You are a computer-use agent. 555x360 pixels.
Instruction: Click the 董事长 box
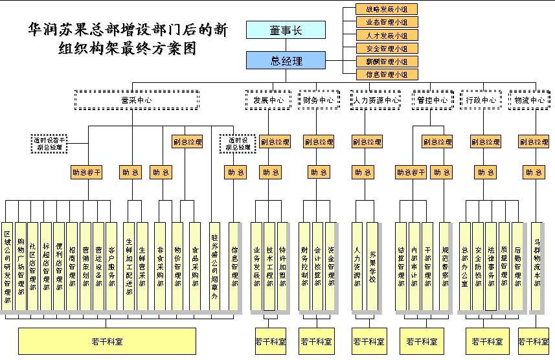(x=286, y=30)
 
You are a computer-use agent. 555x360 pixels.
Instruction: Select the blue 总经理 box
(x=286, y=61)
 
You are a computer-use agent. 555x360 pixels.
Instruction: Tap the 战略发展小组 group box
(x=387, y=9)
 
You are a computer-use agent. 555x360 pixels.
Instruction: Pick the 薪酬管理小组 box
(x=387, y=62)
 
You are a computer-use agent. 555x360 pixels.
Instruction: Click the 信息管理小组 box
(x=387, y=74)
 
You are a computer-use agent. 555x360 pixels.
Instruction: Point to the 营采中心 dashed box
(x=136, y=100)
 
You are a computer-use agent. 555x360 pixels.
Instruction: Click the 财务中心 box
(x=318, y=100)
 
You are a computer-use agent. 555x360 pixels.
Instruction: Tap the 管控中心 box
(x=432, y=100)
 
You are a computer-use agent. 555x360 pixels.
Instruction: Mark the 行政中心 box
(x=481, y=100)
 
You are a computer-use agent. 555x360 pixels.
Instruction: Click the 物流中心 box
(x=529, y=100)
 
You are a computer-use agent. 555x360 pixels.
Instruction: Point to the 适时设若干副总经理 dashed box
(x=50, y=143)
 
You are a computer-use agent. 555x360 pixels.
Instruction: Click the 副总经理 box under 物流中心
(x=534, y=142)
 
